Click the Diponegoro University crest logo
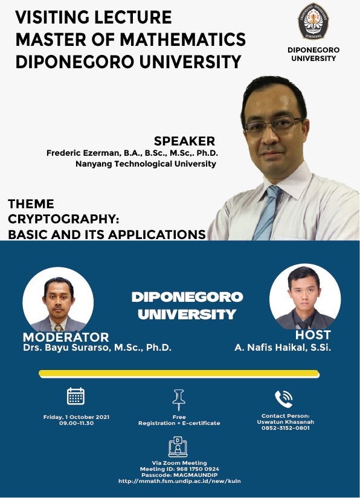(x=313, y=21)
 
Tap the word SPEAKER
(x=185, y=141)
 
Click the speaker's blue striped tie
(x=267, y=213)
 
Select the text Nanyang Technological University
(x=146, y=164)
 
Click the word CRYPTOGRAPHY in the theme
(x=63, y=219)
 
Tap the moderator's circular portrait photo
(x=58, y=299)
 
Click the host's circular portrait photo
(x=305, y=296)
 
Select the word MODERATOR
(x=66, y=337)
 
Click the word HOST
(x=313, y=335)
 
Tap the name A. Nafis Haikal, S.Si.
(x=283, y=348)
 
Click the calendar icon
(x=76, y=396)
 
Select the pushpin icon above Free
(x=179, y=400)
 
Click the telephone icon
(x=284, y=399)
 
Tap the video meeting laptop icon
(x=178, y=447)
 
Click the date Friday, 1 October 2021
(x=76, y=417)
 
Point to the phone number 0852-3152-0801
(x=285, y=428)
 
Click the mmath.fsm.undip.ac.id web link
(x=179, y=481)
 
